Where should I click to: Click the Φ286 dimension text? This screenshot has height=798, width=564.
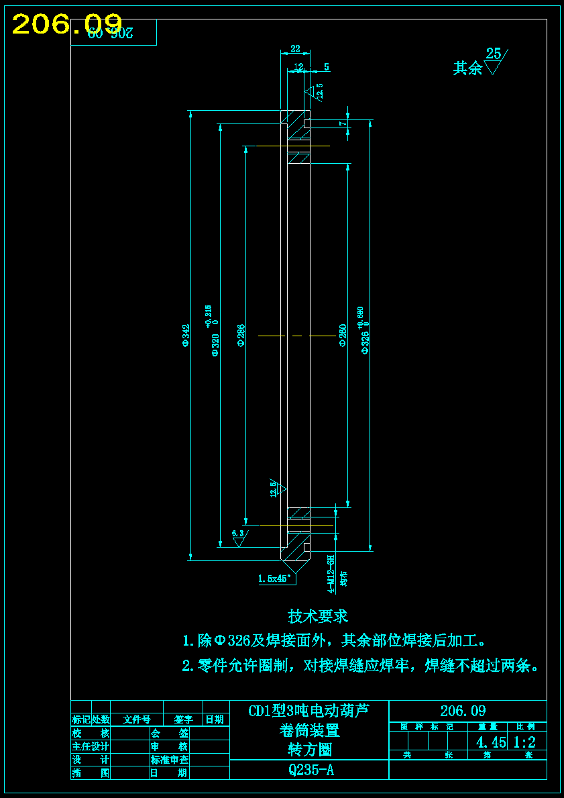[x=241, y=335]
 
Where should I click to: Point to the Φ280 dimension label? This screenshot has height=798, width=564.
[x=342, y=335]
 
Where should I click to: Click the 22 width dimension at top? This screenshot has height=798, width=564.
[x=295, y=48]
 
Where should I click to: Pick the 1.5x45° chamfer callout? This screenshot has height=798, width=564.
[x=275, y=578]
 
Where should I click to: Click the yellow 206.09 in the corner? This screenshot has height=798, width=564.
[x=67, y=25]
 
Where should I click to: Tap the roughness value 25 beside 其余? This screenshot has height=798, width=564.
[x=494, y=54]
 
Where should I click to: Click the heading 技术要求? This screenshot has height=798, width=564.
[x=318, y=615]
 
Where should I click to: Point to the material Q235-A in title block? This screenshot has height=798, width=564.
[x=311, y=770]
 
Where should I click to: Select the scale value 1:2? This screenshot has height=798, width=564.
[x=524, y=742]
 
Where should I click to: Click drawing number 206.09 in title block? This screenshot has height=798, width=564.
[x=463, y=711]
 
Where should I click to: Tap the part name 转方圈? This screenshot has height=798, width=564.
[x=311, y=750]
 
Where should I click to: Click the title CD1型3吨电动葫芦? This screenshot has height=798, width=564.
[x=309, y=711]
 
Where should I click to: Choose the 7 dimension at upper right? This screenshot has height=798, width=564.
[x=341, y=124]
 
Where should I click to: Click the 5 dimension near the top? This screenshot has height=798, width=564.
[x=327, y=66]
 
